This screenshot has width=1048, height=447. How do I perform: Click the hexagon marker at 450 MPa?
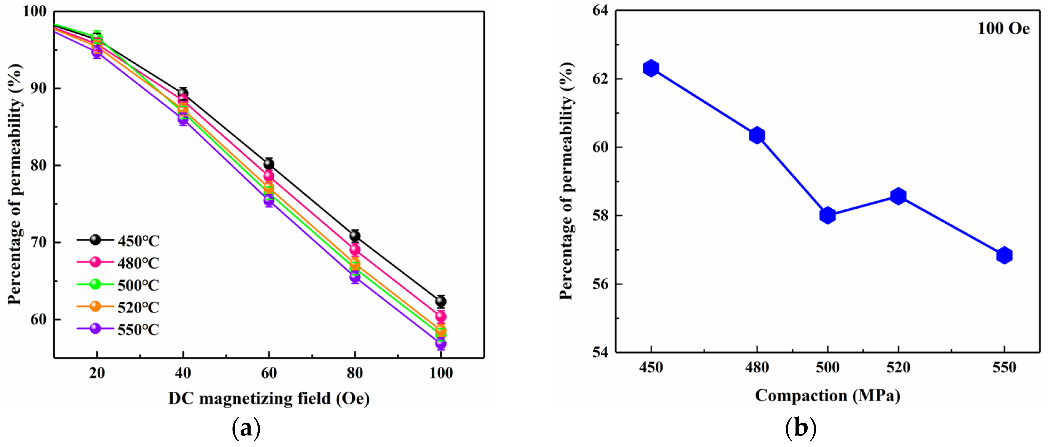point(651,68)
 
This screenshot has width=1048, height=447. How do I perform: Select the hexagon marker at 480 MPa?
point(757,135)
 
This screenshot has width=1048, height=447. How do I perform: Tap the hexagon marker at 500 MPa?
point(827,215)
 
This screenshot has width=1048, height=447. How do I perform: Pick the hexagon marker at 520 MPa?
point(898,196)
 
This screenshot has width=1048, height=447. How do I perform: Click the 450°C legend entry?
point(118,240)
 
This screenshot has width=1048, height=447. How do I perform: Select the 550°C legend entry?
point(118,329)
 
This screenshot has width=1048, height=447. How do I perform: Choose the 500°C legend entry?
point(118,285)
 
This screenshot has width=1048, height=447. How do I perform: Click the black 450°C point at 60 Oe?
point(269,164)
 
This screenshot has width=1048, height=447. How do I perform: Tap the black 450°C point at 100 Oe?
point(441,301)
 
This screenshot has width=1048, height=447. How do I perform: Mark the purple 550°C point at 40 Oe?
point(183,119)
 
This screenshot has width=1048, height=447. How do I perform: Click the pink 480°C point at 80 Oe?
point(355,249)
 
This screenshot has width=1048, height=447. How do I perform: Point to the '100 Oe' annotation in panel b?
point(1003,28)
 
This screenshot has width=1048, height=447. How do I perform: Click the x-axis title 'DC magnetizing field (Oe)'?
point(269,398)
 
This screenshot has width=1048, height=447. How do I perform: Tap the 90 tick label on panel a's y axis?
point(39,88)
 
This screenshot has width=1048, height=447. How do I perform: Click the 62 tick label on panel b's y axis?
point(600,79)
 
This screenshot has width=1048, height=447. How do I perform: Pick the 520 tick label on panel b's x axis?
point(898,368)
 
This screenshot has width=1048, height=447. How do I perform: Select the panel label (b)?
point(801,428)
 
